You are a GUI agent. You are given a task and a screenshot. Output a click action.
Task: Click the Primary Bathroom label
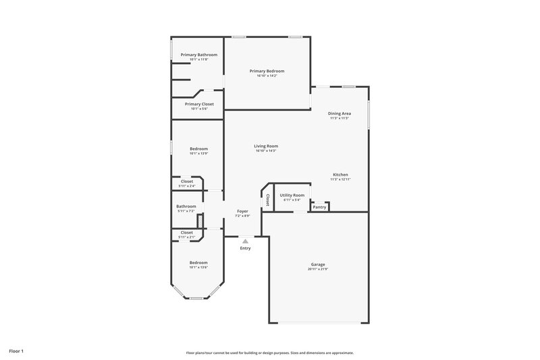198,54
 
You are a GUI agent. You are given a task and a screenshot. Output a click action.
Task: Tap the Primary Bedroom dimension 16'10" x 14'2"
267,76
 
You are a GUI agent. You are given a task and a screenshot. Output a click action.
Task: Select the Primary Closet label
198,104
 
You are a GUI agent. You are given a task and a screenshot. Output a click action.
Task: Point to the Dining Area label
339,113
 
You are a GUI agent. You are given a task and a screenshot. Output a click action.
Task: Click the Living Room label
266,146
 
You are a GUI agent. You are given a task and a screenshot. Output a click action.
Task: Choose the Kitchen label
340,174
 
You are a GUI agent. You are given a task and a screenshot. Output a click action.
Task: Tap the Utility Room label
292,195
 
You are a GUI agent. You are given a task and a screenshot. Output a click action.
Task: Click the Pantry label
319,207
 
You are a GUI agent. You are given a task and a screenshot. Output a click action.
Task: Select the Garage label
319,265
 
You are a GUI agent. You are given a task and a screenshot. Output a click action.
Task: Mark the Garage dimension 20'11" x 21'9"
319,269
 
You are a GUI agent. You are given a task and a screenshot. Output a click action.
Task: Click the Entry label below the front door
245,249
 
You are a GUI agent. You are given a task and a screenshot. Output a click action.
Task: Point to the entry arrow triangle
245,240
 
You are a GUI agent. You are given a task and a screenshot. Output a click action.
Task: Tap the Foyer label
242,211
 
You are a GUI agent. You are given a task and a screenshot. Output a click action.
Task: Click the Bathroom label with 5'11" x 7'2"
186,206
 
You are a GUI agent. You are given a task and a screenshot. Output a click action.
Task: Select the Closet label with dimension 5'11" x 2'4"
186,181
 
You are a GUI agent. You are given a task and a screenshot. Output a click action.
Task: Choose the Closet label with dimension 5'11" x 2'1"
186,232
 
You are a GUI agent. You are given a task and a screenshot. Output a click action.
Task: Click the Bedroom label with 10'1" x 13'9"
198,149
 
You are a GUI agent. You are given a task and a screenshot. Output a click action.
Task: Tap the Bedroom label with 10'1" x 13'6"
198,262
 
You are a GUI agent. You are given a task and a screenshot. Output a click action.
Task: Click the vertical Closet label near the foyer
268,199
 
